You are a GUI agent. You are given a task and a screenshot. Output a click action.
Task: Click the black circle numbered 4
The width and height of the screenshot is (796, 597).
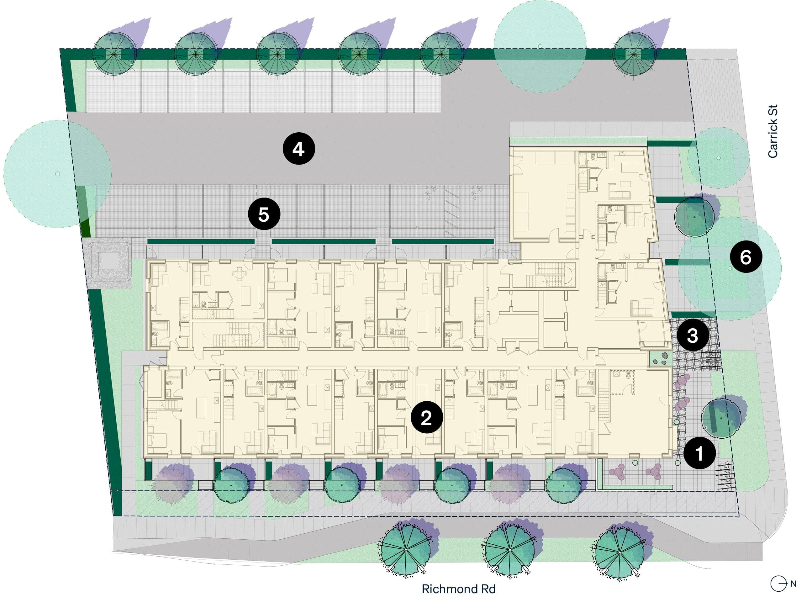(x=299, y=149)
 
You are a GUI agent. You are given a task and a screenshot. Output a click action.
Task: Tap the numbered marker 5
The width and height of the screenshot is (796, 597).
(x=264, y=214)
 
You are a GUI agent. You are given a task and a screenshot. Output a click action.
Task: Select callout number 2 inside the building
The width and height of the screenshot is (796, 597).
(x=426, y=417)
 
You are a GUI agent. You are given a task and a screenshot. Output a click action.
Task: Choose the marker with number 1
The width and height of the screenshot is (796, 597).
(x=699, y=453)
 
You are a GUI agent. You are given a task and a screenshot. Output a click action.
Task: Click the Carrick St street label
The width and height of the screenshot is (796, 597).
(x=772, y=131)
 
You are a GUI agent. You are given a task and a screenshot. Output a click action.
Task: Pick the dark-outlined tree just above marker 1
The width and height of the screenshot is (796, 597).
(x=721, y=418)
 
